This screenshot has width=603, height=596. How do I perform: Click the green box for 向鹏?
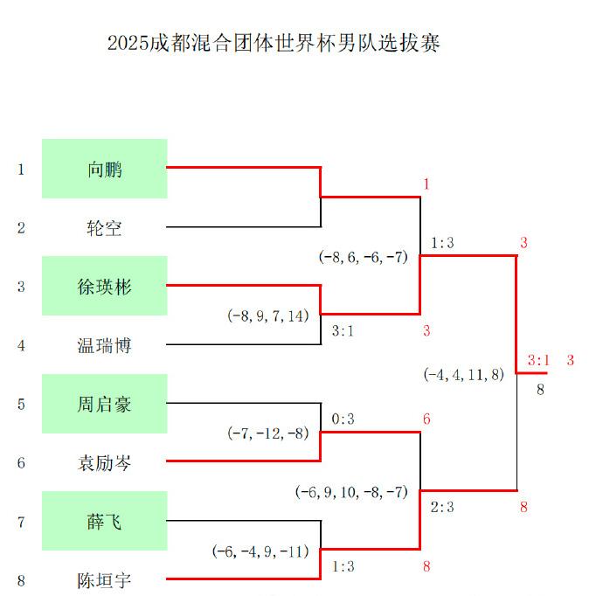tap(105, 169)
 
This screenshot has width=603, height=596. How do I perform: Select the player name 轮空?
tap(105, 228)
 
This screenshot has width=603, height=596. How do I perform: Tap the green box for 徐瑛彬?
tap(105, 286)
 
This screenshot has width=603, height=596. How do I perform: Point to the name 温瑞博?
tap(105, 345)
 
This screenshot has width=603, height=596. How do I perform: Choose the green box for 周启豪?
tap(105, 404)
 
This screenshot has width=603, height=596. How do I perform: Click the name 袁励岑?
tap(105, 463)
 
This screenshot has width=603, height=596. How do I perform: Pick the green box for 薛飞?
tap(105, 522)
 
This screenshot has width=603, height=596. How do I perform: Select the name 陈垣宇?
tap(105, 580)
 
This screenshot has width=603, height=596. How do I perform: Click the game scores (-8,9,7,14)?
tap(268, 315)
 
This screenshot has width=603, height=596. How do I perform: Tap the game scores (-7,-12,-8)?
tap(268, 433)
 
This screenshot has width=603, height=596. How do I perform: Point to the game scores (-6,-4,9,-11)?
tap(261, 551)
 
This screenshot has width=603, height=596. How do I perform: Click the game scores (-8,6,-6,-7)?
tap(363, 257)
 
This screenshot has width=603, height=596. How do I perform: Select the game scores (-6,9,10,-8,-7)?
tap(351, 492)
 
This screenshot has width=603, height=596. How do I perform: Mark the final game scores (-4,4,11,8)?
tap(464, 374)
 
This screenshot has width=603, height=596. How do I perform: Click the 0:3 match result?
tap(343, 419)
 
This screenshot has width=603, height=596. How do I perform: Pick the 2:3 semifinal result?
tap(442, 507)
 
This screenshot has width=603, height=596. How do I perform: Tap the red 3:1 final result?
tap(538, 360)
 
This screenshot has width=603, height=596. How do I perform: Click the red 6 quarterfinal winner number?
tap(426, 419)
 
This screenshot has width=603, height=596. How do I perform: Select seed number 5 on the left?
tap(21, 404)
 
